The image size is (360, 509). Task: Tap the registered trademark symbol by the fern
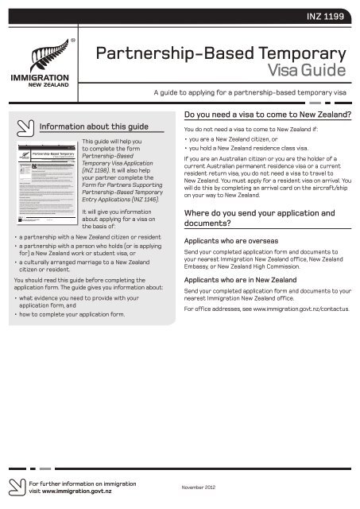coord(73,37)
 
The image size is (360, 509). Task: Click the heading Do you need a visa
coord(269,114)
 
